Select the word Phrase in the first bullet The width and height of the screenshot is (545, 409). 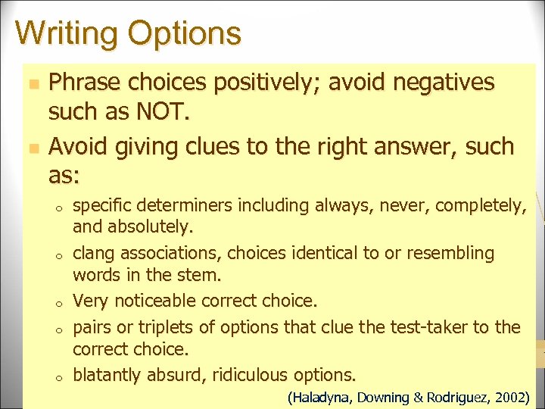point(83,83)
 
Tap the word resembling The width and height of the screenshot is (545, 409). point(453,253)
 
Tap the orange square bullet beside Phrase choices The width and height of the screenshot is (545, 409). point(30,83)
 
